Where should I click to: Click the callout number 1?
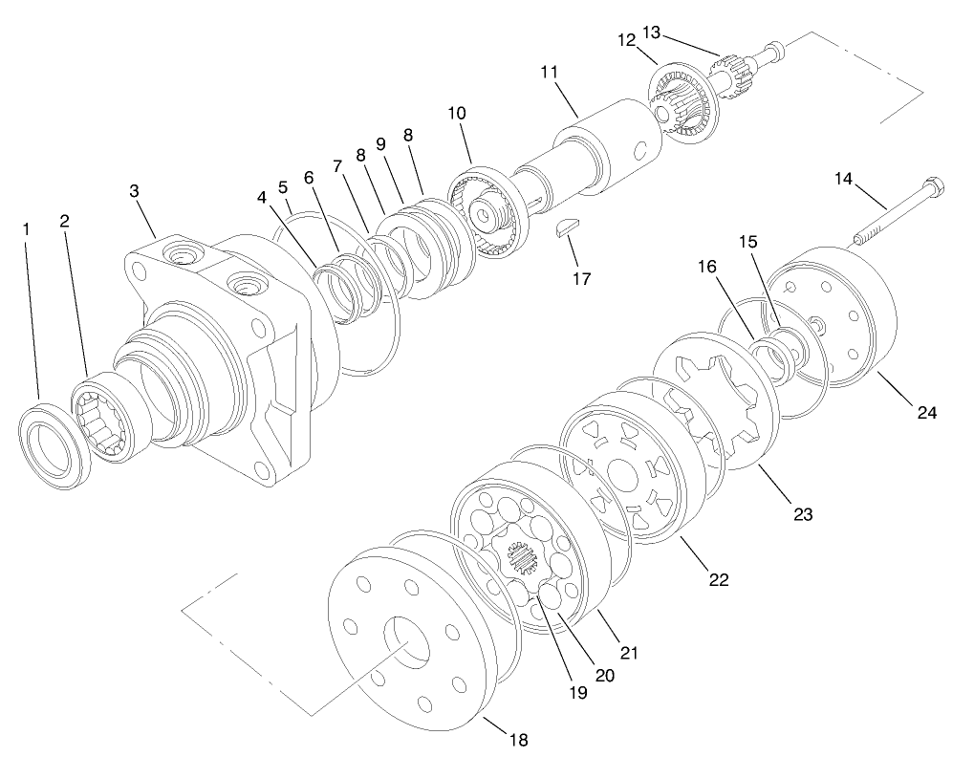[x=27, y=229]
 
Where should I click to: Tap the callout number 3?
[x=135, y=191]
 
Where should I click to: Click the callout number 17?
[x=581, y=279]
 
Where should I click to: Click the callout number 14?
[x=843, y=179]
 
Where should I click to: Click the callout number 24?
[x=926, y=413]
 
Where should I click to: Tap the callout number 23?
[x=802, y=514]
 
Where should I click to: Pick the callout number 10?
[x=457, y=113]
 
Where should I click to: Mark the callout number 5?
[x=282, y=186]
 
